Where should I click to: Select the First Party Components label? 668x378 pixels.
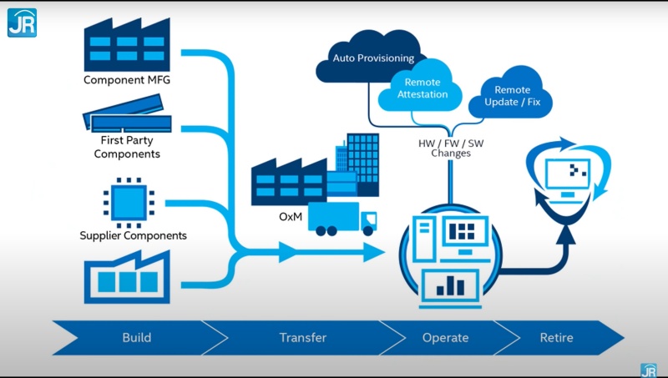127,147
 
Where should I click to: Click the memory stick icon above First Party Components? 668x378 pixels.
127,118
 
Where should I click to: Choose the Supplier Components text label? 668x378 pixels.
133,235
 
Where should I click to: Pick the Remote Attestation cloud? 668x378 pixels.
422,88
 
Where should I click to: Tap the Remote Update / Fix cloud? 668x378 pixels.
512,96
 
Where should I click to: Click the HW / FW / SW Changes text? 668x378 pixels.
451,148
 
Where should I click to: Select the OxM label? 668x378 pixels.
290,217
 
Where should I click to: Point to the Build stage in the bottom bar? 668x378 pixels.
136,338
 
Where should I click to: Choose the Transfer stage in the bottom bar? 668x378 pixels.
302,338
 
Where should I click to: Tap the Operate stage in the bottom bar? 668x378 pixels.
446,338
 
